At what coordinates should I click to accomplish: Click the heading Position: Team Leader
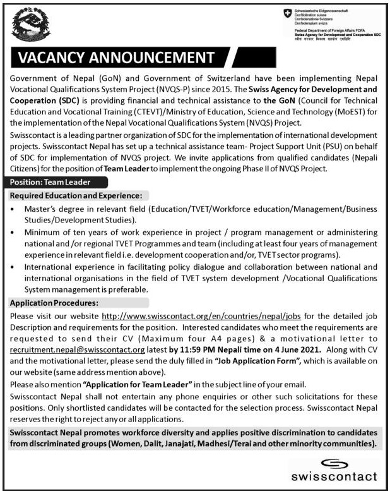click(x=50, y=181)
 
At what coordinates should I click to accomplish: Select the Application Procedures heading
click(x=54, y=303)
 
